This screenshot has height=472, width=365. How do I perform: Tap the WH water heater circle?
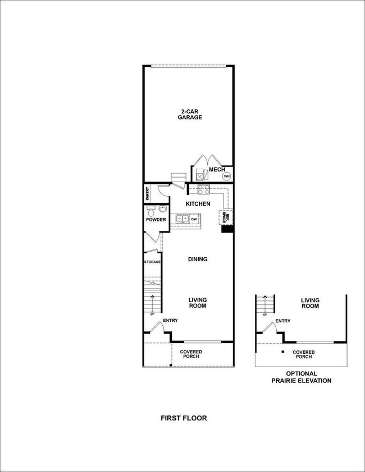pos(227,176)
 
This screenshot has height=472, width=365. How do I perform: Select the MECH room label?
pos(216,169)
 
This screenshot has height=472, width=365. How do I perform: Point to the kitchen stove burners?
pos(202,189)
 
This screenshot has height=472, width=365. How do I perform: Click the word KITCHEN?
pos(198,204)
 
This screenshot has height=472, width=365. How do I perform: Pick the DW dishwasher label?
pos(194,219)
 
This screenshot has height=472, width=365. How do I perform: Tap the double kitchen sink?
pos(181,219)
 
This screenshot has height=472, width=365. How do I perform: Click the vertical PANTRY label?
pos(147,194)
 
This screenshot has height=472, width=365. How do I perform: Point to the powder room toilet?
pos(150,211)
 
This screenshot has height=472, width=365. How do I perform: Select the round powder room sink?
pos(162,210)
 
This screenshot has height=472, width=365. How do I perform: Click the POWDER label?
pos(156,220)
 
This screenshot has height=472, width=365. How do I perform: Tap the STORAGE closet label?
pos(152,262)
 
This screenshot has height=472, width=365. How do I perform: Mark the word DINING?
pos(198,259)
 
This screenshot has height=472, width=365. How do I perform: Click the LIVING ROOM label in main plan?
pos(198,303)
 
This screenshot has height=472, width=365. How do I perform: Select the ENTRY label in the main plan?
pos(171,321)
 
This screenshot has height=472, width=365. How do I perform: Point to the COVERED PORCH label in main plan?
pos(191,354)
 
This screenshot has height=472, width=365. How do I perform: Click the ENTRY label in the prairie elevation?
pos(283,321)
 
